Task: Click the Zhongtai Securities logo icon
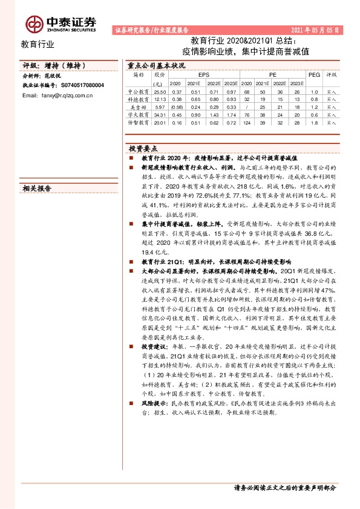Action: (33, 24)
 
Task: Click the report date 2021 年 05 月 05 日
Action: (315, 29)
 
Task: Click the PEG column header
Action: (313, 74)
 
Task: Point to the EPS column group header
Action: (203, 74)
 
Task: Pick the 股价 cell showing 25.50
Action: (159, 91)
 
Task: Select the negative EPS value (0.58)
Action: (176, 106)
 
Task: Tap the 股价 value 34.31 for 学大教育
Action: (159, 114)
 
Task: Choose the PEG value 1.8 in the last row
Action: (313, 122)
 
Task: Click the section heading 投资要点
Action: (143, 148)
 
